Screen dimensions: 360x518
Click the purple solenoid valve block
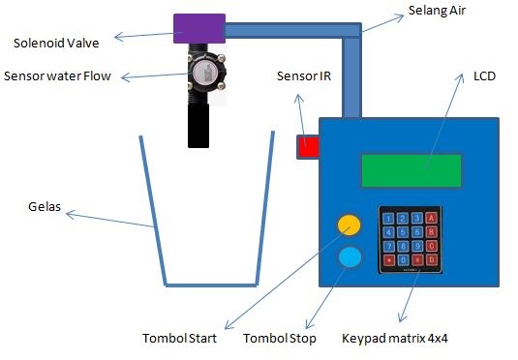click(198, 28)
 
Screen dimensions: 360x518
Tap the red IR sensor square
click(308, 146)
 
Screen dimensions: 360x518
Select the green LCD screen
click(411, 171)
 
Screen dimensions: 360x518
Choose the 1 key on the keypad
click(389, 219)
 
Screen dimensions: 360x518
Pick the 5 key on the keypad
click(403, 232)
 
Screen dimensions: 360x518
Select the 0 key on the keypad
click(403, 260)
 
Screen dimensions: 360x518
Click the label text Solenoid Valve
click(56, 43)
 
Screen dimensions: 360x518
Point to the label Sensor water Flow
click(65, 75)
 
